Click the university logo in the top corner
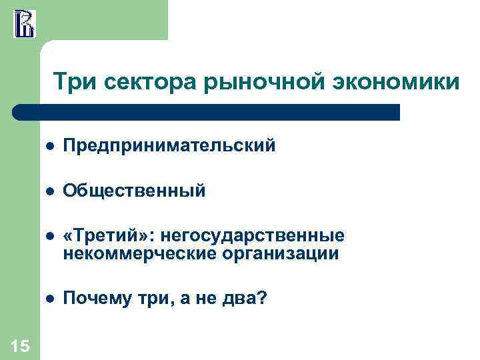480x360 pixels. pyautogui.click(x=24, y=23)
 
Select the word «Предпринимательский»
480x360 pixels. pyautogui.click(x=169, y=145)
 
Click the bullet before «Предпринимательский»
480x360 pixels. pyautogui.click(x=49, y=146)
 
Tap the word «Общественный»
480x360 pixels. pyautogui.click(x=135, y=191)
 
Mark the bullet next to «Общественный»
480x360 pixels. pyautogui.click(x=49, y=192)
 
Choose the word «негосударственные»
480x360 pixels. pyautogui.click(x=257, y=237)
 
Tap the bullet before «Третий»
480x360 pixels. pyautogui.click(x=49, y=238)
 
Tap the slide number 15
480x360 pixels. pyautogui.click(x=20, y=345)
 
